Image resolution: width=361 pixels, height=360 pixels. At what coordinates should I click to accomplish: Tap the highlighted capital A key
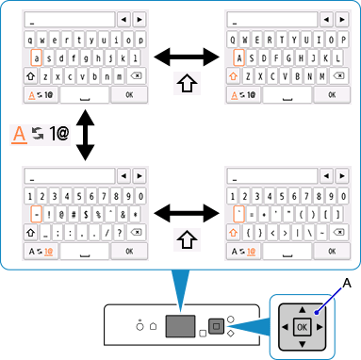tap(239, 57)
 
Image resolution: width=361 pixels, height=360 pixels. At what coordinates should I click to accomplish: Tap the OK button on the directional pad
tap(301, 327)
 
